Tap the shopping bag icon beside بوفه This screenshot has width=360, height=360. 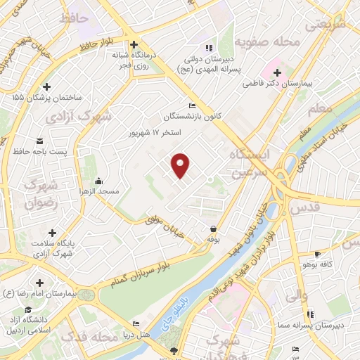pos(212,229)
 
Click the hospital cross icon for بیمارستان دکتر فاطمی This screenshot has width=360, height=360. pos(277,72)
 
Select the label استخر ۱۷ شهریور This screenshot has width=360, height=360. pos(154,132)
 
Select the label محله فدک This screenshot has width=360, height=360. pos(88,338)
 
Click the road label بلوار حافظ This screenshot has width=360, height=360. pos(96,46)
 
